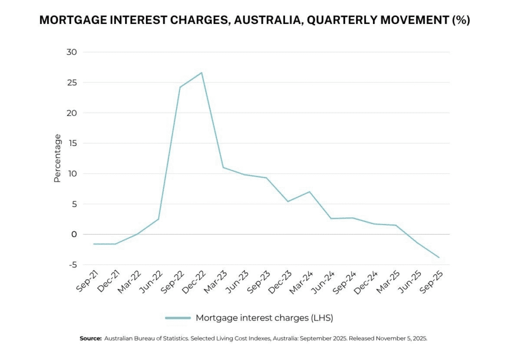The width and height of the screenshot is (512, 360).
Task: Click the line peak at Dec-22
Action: coord(201,73)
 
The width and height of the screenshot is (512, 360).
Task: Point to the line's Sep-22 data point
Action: coord(180,87)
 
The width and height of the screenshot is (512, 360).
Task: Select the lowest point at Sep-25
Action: coord(439,257)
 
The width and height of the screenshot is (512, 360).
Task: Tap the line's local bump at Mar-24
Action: coord(309,192)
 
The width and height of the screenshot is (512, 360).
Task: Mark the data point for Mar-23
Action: coord(223,167)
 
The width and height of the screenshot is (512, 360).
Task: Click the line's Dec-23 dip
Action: coord(288,201)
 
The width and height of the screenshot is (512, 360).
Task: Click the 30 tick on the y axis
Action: coord(72,52)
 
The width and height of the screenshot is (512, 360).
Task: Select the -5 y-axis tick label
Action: coord(72,265)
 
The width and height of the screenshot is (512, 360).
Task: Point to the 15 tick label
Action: coord(73,143)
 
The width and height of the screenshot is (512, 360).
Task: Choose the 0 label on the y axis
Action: coord(74,234)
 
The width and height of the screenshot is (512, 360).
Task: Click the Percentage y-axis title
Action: coord(57,158)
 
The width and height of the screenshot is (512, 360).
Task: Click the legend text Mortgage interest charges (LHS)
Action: coord(264,318)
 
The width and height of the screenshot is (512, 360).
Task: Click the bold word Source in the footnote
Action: coord(90,338)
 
